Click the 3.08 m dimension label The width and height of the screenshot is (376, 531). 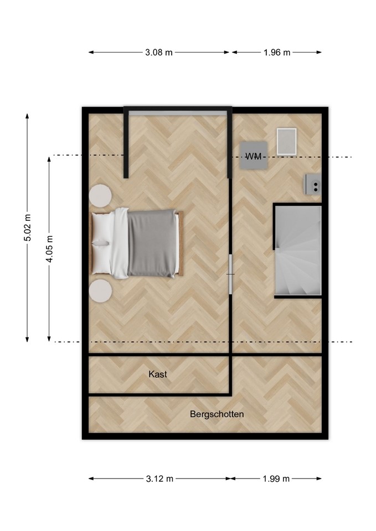click(159, 53)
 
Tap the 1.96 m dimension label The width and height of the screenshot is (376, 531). click(277, 53)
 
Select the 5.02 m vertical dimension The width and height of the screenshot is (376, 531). click(28, 227)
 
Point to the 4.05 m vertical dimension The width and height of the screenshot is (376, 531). click(49, 249)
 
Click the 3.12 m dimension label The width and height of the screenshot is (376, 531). click(159, 478)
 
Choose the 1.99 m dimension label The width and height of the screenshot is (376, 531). click(276, 478)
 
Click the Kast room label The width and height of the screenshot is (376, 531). click(158, 374)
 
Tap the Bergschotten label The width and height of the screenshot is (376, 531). click(217, 414)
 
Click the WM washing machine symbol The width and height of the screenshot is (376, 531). click(254, 155)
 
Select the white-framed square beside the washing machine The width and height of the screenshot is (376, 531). click(286, 142)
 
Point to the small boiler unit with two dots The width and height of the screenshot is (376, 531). click(313, 184)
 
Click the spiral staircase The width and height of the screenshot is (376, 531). click(298, 251)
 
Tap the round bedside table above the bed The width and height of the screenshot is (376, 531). click(100, 195)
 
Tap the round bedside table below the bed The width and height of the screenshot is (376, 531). click(100, 291)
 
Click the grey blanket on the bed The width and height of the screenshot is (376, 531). click(152, 243)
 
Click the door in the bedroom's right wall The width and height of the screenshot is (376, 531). click(230, 274)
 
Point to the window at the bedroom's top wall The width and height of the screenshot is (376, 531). click(178, 113)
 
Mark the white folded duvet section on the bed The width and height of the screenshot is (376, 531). click(120, 243)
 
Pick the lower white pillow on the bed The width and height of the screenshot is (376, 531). click(102, 258)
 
